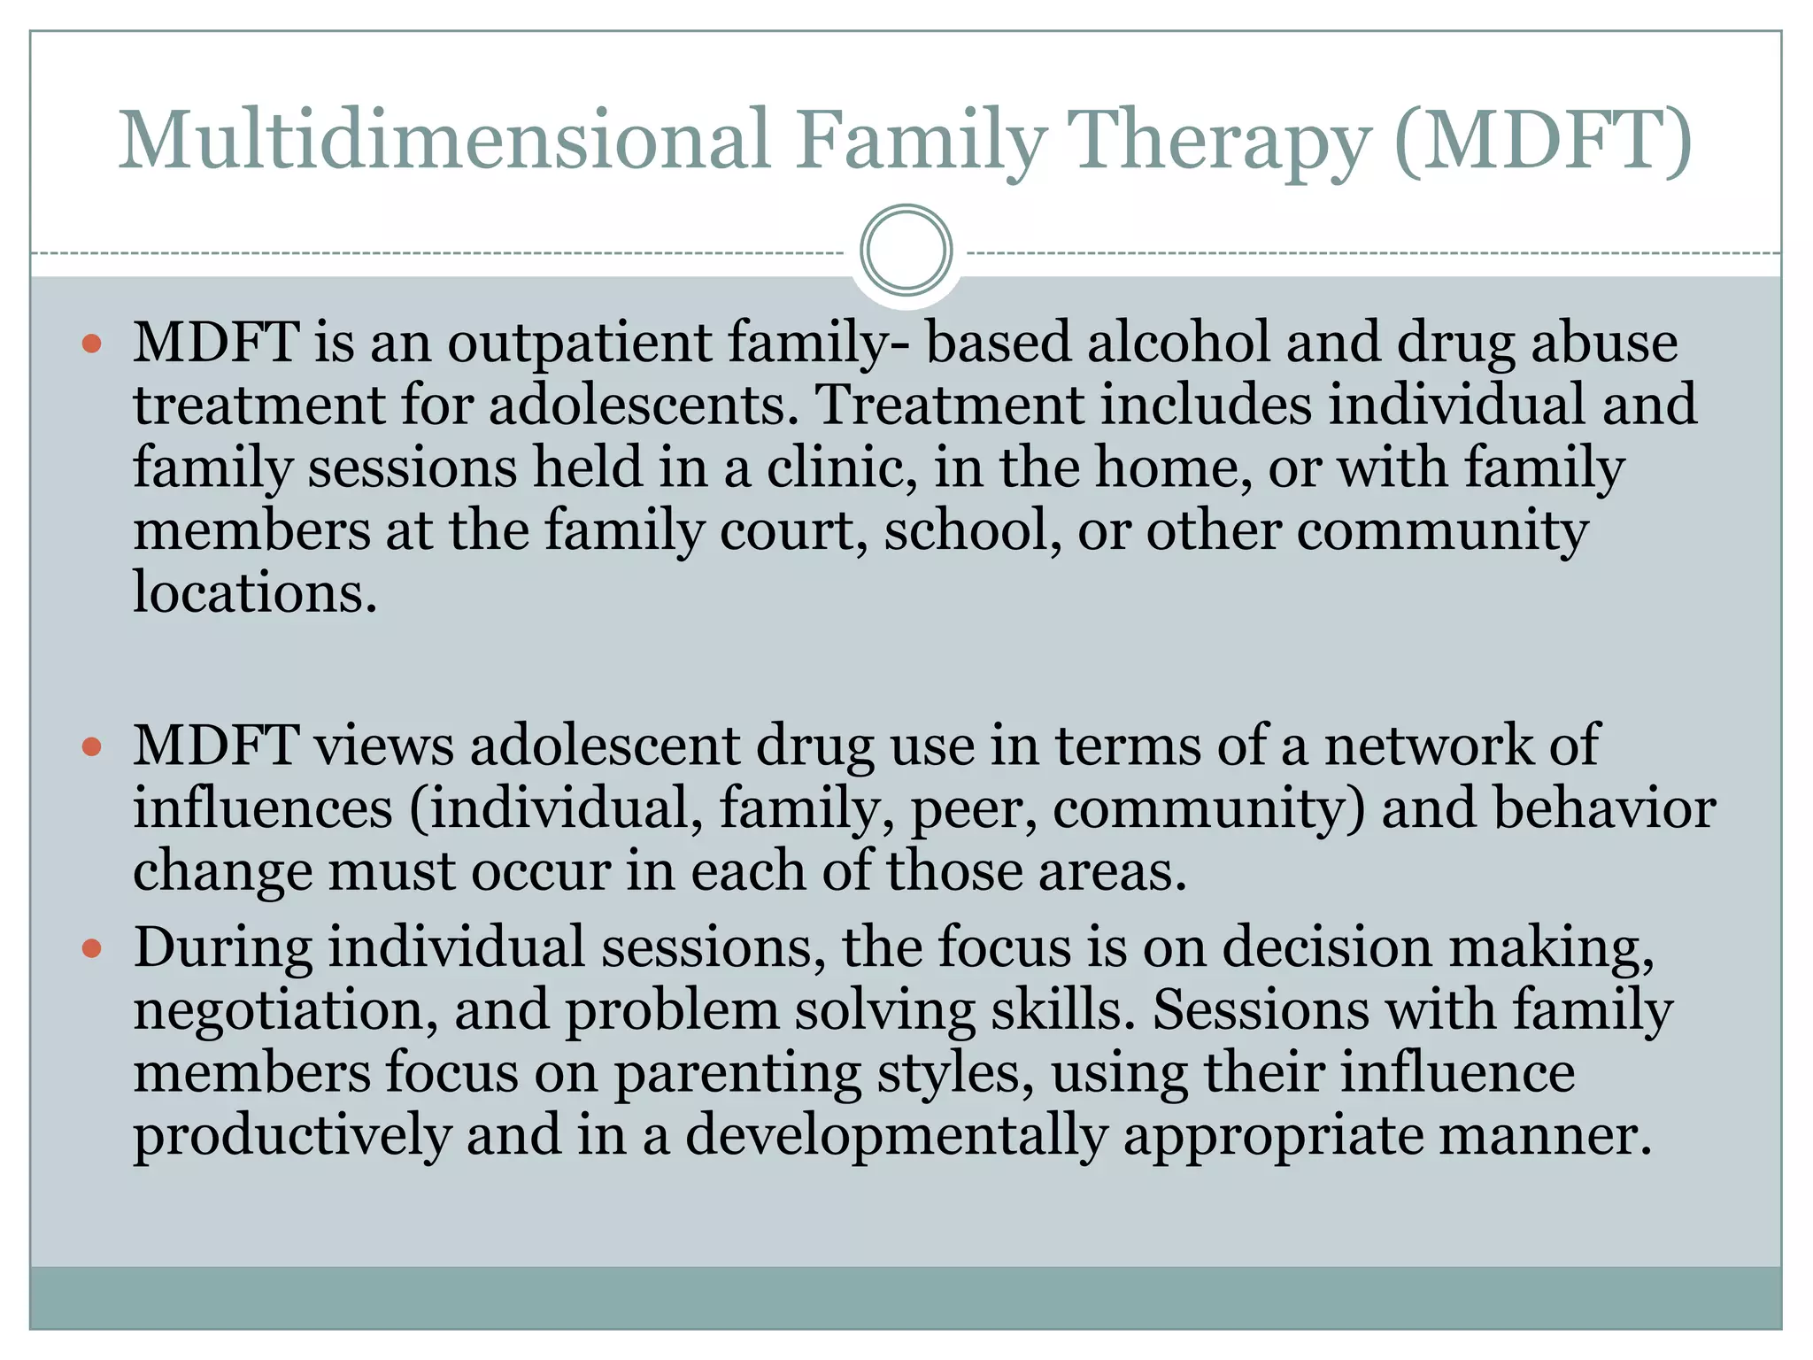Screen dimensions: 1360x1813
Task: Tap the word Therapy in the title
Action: pyautogui.click(x=1221, y=142)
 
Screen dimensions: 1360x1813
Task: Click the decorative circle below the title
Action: pyautogui.click(x=906, y=251)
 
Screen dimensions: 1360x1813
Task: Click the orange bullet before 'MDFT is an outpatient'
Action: pyautogui.click(x=92, y=343)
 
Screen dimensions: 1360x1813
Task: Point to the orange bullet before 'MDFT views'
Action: pyautogui.click(x=92, y=746)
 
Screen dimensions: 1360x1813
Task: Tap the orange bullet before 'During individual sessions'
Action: pyautogui.click(x=92, y=949)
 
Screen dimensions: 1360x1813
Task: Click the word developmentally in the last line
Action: pyautogui.click(x=896, y=1136)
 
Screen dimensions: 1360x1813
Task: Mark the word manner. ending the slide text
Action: pyautogui.click(x=1545, y=1136)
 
